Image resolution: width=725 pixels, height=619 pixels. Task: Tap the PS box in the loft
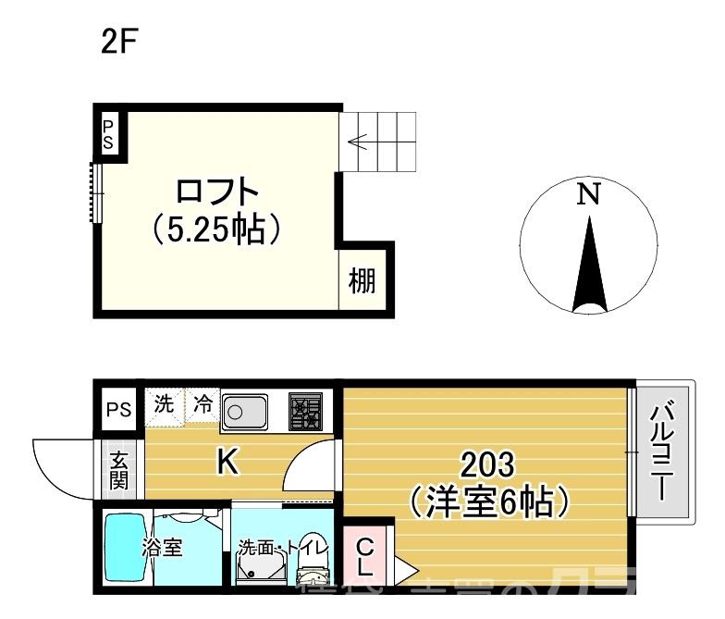click(109, 133)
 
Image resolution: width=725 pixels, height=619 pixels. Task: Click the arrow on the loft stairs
click(362, 142)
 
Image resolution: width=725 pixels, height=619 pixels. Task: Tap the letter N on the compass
click(589, 194)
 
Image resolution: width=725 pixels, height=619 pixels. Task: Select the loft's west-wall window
click(94, 192)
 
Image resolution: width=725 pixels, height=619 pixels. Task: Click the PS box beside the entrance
click(117, 408)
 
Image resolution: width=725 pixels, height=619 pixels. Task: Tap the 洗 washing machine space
click(163, 404)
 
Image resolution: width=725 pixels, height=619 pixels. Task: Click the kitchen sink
click(244, 409)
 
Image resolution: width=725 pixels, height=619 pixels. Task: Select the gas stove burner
click(305, 408)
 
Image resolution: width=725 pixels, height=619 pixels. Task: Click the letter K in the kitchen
click(226, 461)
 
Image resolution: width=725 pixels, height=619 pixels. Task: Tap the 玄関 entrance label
click(120, 471)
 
